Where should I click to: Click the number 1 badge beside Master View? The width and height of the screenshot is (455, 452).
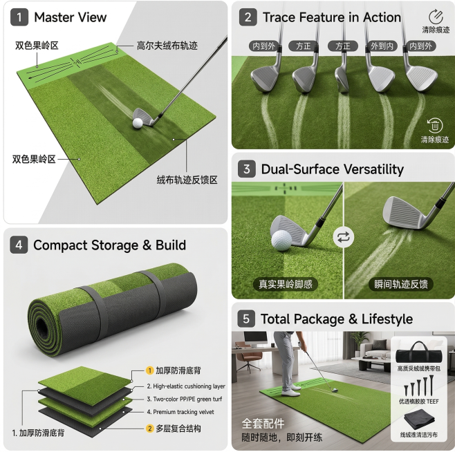point(19,17)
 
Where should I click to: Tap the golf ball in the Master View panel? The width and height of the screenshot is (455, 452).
point(138,123)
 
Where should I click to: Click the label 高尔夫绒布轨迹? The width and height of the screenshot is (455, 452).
point(167,46)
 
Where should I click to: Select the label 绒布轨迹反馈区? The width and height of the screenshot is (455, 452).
point(187,180)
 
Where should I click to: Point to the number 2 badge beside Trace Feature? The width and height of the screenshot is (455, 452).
point(248,17)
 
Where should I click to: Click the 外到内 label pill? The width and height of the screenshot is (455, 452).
point(382,46)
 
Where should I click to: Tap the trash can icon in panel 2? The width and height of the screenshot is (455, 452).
point(435,125)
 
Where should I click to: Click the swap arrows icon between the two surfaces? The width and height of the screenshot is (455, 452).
point(344,237)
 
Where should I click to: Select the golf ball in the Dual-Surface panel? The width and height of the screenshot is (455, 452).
point(281,241)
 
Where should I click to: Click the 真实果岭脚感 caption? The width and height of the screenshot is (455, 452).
point(286,284)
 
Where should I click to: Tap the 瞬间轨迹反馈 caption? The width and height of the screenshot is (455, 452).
point(401,284)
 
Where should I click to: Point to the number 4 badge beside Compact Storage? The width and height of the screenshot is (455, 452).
point(19,245)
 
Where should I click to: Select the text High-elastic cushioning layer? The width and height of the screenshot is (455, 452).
point(186,386)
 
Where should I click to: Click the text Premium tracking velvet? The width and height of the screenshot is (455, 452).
point(180,412)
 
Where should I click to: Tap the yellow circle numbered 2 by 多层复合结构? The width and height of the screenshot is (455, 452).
point(149,429)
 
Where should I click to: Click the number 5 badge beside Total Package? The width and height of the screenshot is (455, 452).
point(246,319)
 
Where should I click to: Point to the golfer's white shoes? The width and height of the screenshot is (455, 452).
point(290,391)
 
